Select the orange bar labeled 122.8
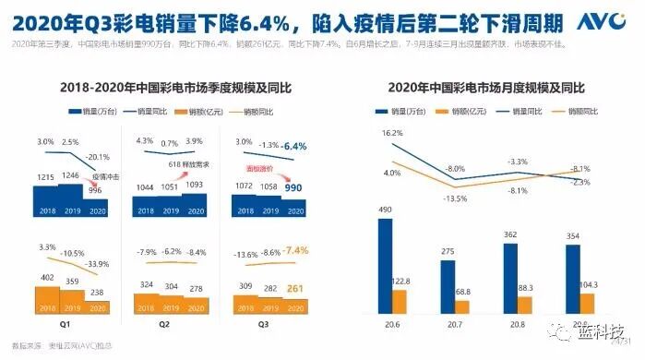pos(400,301)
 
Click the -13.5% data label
pos(455,198)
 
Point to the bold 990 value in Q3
pos(294,187)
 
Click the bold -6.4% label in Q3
pos(294,146)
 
